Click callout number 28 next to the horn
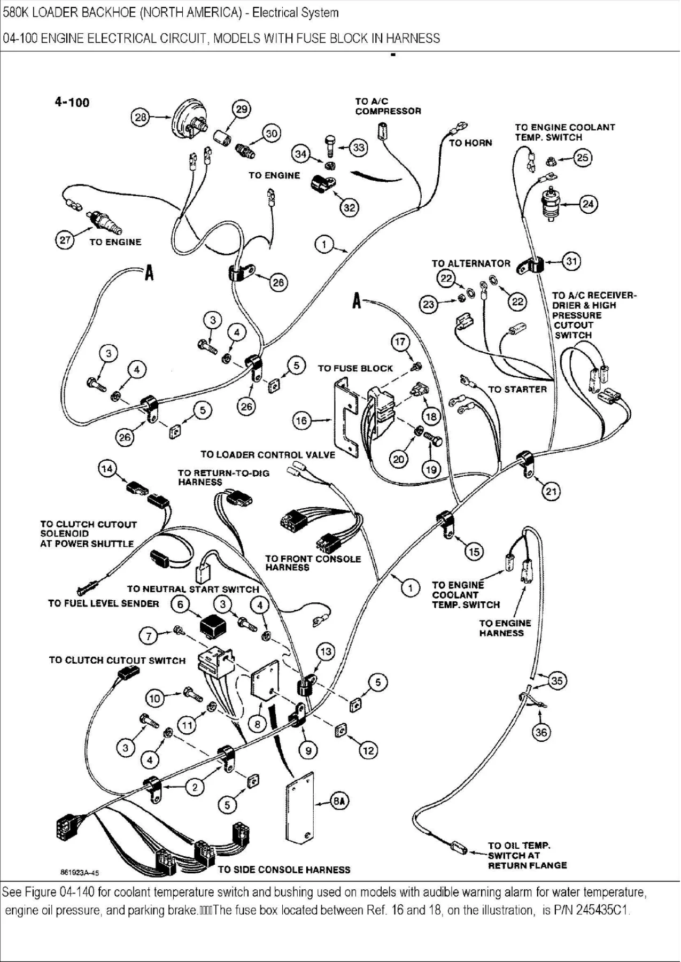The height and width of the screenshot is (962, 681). click(x=140, y=117)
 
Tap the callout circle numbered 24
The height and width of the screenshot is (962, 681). click(x=588, y=204)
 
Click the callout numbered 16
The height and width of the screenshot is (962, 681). click(x=302, y=421)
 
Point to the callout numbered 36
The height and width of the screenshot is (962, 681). click(x=541, y=732)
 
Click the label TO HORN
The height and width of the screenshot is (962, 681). click(x=470, y=143)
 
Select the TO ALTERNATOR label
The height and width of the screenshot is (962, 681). click(x=471, y=263)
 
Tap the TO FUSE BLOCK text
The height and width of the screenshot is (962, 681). click(x=355, y=368)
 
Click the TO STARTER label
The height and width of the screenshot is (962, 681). click(x=517, y=389)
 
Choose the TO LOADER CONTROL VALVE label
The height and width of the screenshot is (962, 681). click(x=268, y=455)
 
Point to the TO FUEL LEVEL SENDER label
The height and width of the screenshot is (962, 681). click(x=104, y=603)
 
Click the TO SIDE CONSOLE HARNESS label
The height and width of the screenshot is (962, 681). click(x=284, y=870)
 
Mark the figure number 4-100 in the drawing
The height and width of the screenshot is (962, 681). click(x=72, y=102)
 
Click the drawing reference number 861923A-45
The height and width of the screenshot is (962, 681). click(x=79, y=873)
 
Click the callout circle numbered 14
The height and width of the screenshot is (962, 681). click(x=107, y=469)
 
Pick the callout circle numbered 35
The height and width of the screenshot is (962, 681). click(x=557, y=680)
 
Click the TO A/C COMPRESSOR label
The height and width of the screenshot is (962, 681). click(x=388, y=106)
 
